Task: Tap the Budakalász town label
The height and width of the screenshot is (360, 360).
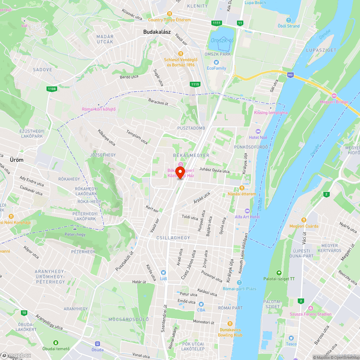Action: (x=157, y=32)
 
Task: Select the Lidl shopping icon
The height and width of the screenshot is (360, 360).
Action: (x=163, y=273)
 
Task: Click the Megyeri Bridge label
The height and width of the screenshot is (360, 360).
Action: (x=334, y=102)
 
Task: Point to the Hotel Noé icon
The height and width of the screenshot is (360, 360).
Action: (x=257, y=131)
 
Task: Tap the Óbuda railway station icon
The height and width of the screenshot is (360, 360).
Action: (x=97, y=343)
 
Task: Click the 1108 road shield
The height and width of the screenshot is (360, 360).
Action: (x=51, y=89)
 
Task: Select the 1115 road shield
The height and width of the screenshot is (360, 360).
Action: (x=195, y=84)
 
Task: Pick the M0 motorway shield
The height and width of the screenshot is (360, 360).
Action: (x=290, y=75)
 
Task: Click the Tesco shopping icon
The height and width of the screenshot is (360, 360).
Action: (x=291, y=338)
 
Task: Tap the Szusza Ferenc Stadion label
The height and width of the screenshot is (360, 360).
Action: (x=311, y=314)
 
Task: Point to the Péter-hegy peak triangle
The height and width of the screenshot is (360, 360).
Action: (x=75, y=229)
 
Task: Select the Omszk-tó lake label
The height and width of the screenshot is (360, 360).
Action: (x=222, y=40)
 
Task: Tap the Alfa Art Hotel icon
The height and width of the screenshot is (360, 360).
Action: (x=247, y=211)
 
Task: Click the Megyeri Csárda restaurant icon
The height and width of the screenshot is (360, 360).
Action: (x=304, y=220)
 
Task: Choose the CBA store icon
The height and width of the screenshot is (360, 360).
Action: (x=201, y=304)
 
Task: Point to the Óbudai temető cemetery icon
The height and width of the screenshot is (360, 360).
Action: (x=55, y=342)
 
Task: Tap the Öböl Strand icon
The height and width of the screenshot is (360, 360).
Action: (x=288, y=20)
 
